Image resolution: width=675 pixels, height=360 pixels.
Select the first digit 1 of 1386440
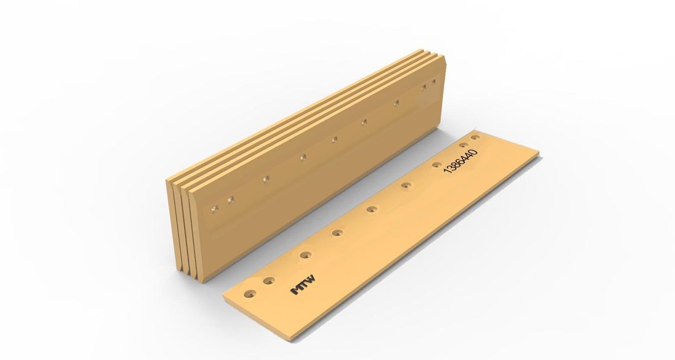pyautogui.click(x=447, y=172)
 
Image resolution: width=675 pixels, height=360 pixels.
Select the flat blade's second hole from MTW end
pyautogui.click(x=269, y=280)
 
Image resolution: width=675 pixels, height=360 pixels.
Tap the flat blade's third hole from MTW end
pyautogui.click(x=306, y=255)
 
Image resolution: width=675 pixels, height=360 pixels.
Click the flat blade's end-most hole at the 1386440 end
pyautogui.click(x=476, y=138)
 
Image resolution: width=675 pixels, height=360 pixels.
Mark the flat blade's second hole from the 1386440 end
pyautogui.click(x=463, y=145)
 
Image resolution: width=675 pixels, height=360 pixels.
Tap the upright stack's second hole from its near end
pyautogui.click(x=230, y=199)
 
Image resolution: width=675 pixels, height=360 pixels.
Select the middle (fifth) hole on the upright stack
pyautogui.click(x=333, y=141)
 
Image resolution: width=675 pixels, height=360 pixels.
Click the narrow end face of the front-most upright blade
pyautogui.click(x=196, y=241)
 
